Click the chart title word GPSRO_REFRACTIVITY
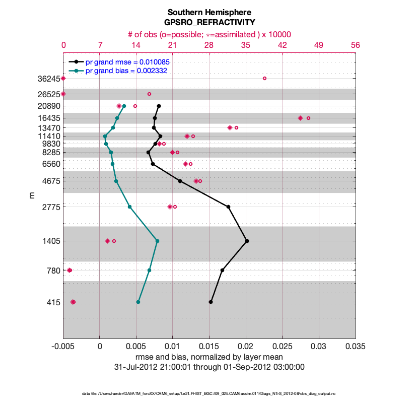(209, 23)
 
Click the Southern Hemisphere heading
(209, 12)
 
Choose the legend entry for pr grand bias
(126, 71)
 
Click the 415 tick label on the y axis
(51, 303)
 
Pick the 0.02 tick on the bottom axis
(246, 347)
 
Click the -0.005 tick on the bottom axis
(63, 347)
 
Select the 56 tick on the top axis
(356, 45)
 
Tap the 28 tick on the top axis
(209, 45)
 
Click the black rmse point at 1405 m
(247, 241)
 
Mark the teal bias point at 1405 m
(157, 241)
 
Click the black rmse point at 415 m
(211, 302)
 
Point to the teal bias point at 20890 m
(124, 106)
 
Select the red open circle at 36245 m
(264, 78)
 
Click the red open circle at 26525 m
(149, 94)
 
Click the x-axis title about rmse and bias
(209, 357)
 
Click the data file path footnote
(209, 393)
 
